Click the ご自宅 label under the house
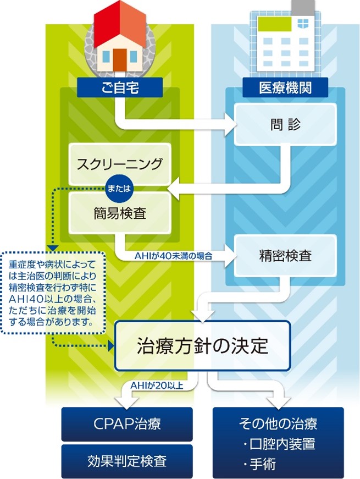tap(119, 87)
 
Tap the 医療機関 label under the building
tap(285, 87)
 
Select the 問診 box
tap(285, 125)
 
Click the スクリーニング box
tap(119, 164)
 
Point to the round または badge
tap(119, 188)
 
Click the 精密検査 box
tap(285, 256)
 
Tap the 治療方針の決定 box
tap(202, 346)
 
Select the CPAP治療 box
tap(127, 424)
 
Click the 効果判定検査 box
tap(127, 461)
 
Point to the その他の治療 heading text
tap(278, 423)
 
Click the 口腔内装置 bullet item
tap(279, 444)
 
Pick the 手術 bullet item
tap(259, 464)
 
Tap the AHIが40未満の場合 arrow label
tap(173, 256)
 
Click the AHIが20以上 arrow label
tap(157, 386)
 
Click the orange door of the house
tap(120, 59)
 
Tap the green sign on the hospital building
tap(275, 24)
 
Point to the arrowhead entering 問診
tap(231, 125)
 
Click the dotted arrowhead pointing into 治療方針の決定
tap(110, 346)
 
